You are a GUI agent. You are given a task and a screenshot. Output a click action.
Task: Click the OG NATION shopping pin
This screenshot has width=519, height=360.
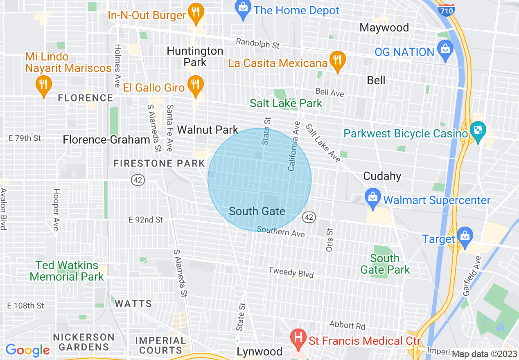click(x=445, y=51)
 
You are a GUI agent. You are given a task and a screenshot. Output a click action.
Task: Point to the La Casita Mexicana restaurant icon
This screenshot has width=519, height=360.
click(x=337, y=61)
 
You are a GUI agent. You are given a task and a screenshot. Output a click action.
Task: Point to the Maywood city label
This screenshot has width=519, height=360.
click(x=384, y=28)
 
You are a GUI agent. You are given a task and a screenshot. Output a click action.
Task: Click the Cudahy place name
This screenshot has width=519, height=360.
click(x=382, y=176)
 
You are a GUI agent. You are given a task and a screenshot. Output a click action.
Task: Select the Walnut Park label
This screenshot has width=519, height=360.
click(x=208, y=130)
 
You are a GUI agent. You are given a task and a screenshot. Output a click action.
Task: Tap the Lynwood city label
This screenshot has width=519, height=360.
click(x=259, y=352)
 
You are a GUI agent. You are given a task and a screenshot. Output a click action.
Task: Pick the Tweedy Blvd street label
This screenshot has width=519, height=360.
click(x=291, y=272)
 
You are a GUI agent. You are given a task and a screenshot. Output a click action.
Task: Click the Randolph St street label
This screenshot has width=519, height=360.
click(x=257, y=43)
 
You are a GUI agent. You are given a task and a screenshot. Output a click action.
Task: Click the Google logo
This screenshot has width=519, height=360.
click(x=27, y=350)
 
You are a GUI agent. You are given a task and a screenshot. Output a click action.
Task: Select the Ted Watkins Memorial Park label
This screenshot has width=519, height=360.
click(x=67, y=271)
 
